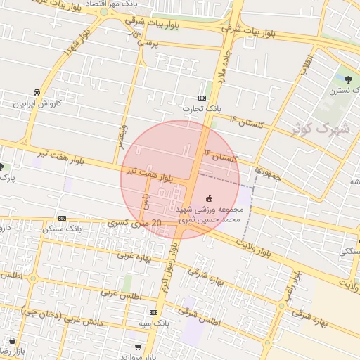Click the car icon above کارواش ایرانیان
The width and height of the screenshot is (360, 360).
coord(35,92)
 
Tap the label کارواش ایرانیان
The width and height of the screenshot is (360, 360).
coord(36,103)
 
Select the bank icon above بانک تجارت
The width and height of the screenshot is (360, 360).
coord(202,98)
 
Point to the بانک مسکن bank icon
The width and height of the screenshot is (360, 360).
coord(62,219)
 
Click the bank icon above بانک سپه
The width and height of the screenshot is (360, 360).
coord(153,312)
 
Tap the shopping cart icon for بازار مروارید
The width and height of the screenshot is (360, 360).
coord(137,347)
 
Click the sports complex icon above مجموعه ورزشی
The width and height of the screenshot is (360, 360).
coord(209,198)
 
